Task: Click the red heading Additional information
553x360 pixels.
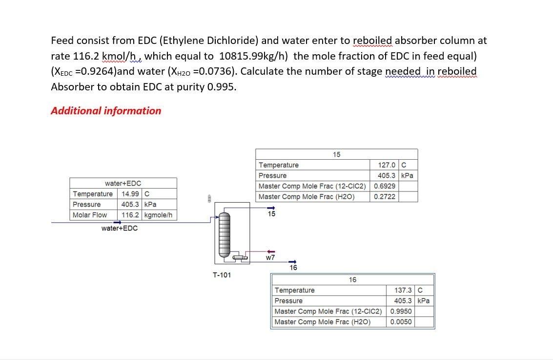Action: click(106, 110)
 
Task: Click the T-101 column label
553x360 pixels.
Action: click(222, 275)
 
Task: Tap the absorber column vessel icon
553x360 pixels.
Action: click(225, 234)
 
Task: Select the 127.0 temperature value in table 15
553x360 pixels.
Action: click(387, 165)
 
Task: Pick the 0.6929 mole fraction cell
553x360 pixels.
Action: click(385, 186)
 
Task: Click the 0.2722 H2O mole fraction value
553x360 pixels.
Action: click(385, 196)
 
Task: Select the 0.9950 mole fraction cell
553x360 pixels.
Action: click(401, 311)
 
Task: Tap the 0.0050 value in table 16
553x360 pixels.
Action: click(401, 322)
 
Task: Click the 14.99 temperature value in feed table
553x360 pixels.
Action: click(130, 194)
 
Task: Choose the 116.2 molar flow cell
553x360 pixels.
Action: click(131, 215)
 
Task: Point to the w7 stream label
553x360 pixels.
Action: click(270, 257)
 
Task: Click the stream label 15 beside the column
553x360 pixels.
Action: click(271, 214)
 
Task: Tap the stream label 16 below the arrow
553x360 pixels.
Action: click(293, 268)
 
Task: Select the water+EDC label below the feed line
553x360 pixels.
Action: click(120, 228)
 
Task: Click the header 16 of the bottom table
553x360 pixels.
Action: click(352, 280)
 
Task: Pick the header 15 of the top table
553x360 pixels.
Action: click(337, 154)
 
